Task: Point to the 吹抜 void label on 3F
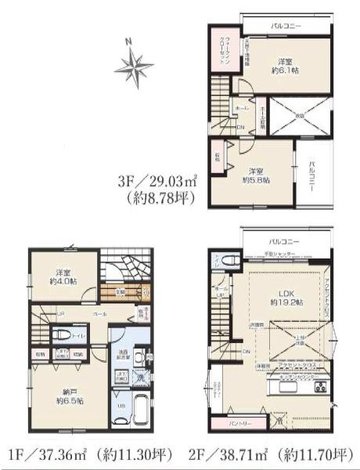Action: coord(298,116)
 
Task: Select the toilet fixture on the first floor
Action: coord(61,334)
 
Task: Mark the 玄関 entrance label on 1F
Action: coord(119,292)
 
